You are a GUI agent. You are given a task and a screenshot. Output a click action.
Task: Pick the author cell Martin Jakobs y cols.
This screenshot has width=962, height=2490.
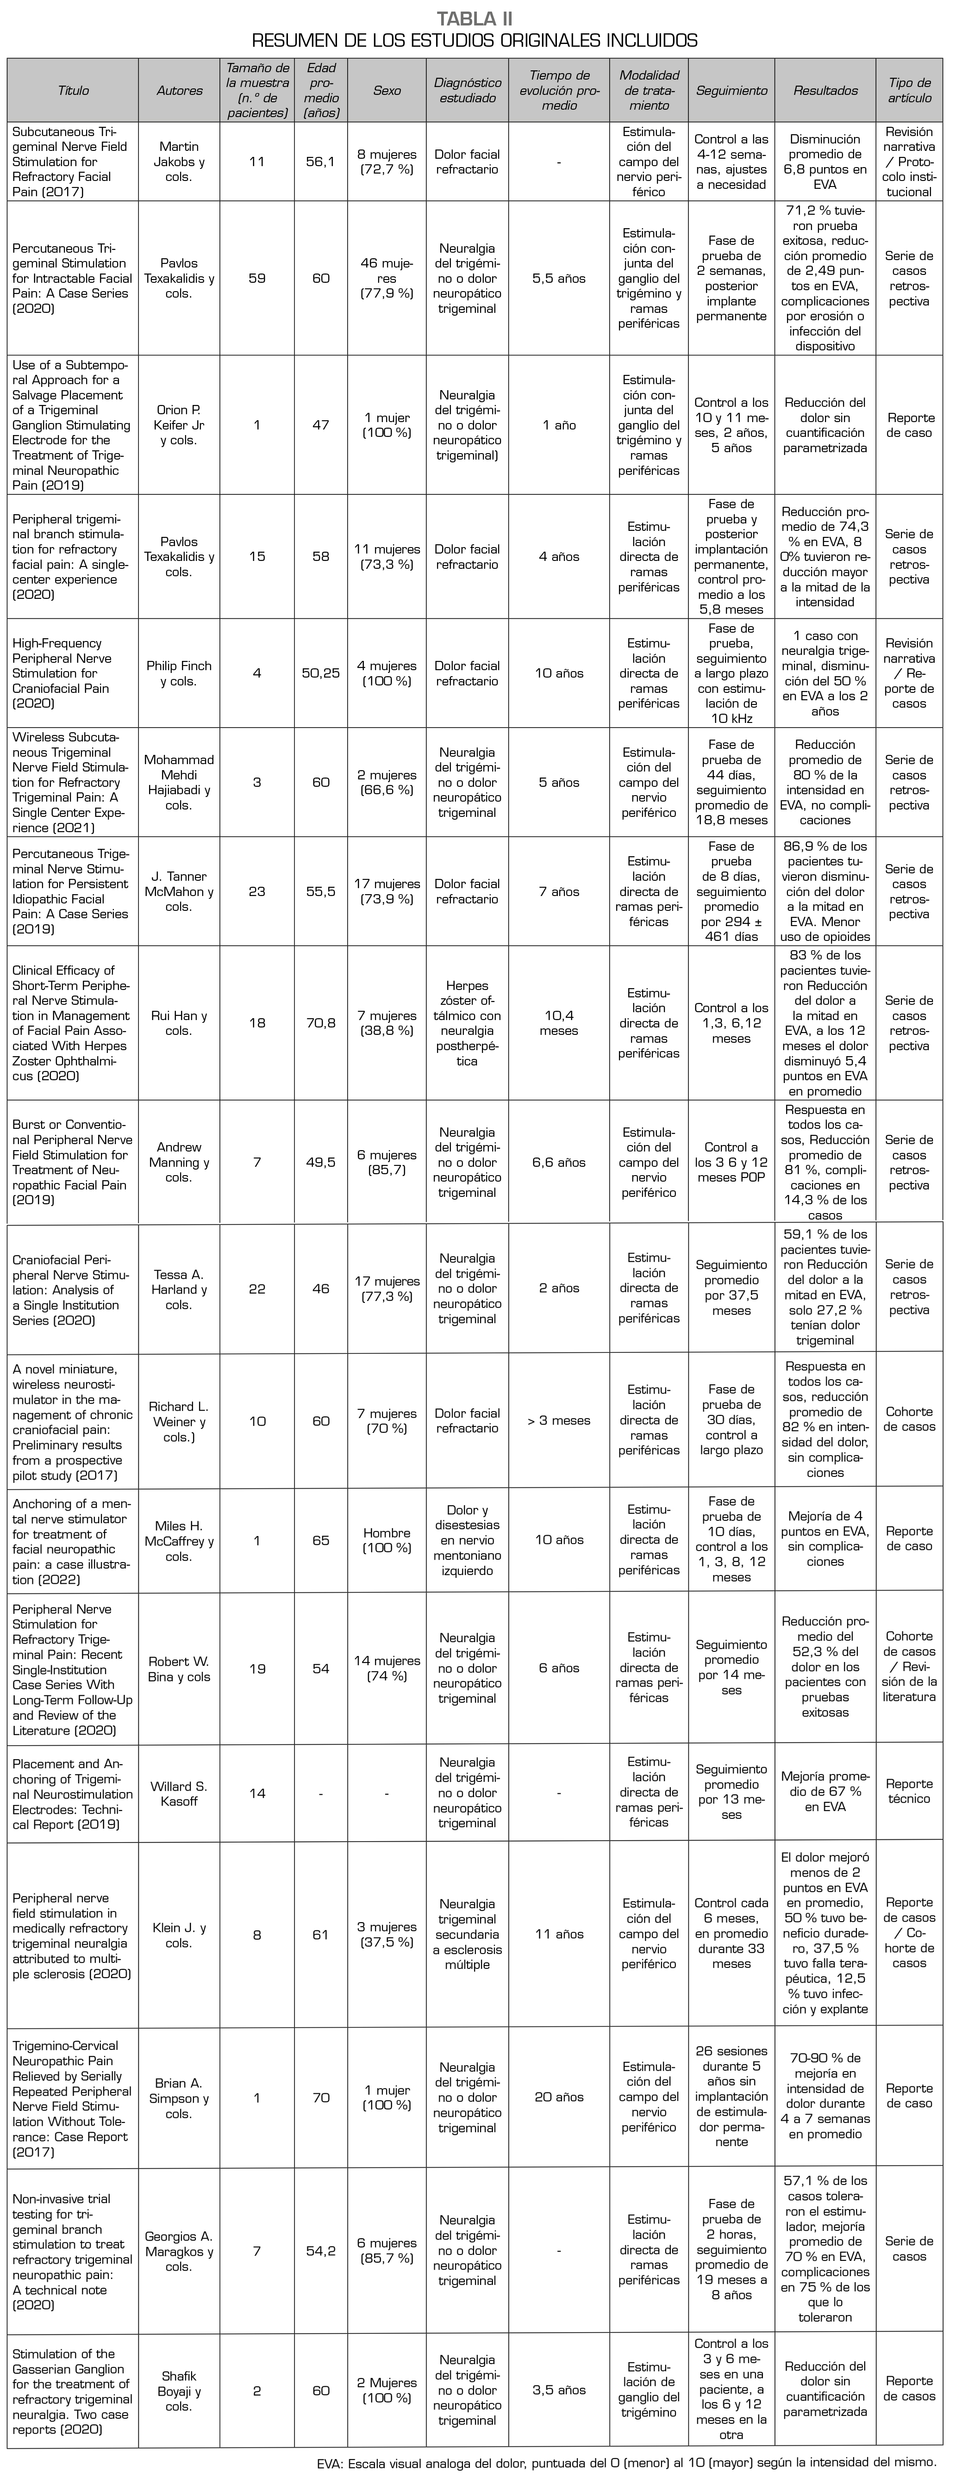(179, 162)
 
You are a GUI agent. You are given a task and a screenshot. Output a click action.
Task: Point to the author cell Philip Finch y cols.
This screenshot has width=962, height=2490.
(179, 673)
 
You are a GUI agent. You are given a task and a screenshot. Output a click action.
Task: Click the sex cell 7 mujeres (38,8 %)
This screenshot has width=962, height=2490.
(387, 1023)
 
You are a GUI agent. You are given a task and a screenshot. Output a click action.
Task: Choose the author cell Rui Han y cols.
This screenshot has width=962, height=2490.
(179, 1023)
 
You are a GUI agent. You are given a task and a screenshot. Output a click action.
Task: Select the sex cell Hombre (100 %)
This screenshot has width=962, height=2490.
(387, 1540)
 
